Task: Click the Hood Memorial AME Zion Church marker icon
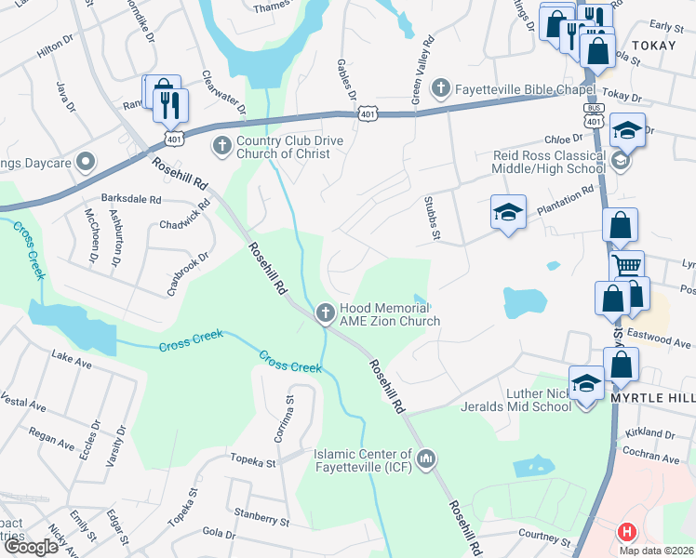pos(325,312)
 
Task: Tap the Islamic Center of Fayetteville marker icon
pos(426,458)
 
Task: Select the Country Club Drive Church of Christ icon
pos(221,146)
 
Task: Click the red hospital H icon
pos(628,533)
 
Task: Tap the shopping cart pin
pos(626,266)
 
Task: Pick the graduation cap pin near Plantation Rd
pos(508,213)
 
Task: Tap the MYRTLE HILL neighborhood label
pos(652,397)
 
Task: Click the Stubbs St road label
pos(431,218)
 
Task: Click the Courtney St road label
pos(544,538)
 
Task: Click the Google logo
pos(31,547)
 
